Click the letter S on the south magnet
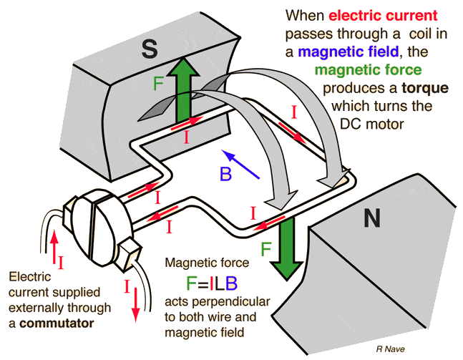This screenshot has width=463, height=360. click(149, 48)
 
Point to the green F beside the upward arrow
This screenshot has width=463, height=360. click(160, 82)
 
